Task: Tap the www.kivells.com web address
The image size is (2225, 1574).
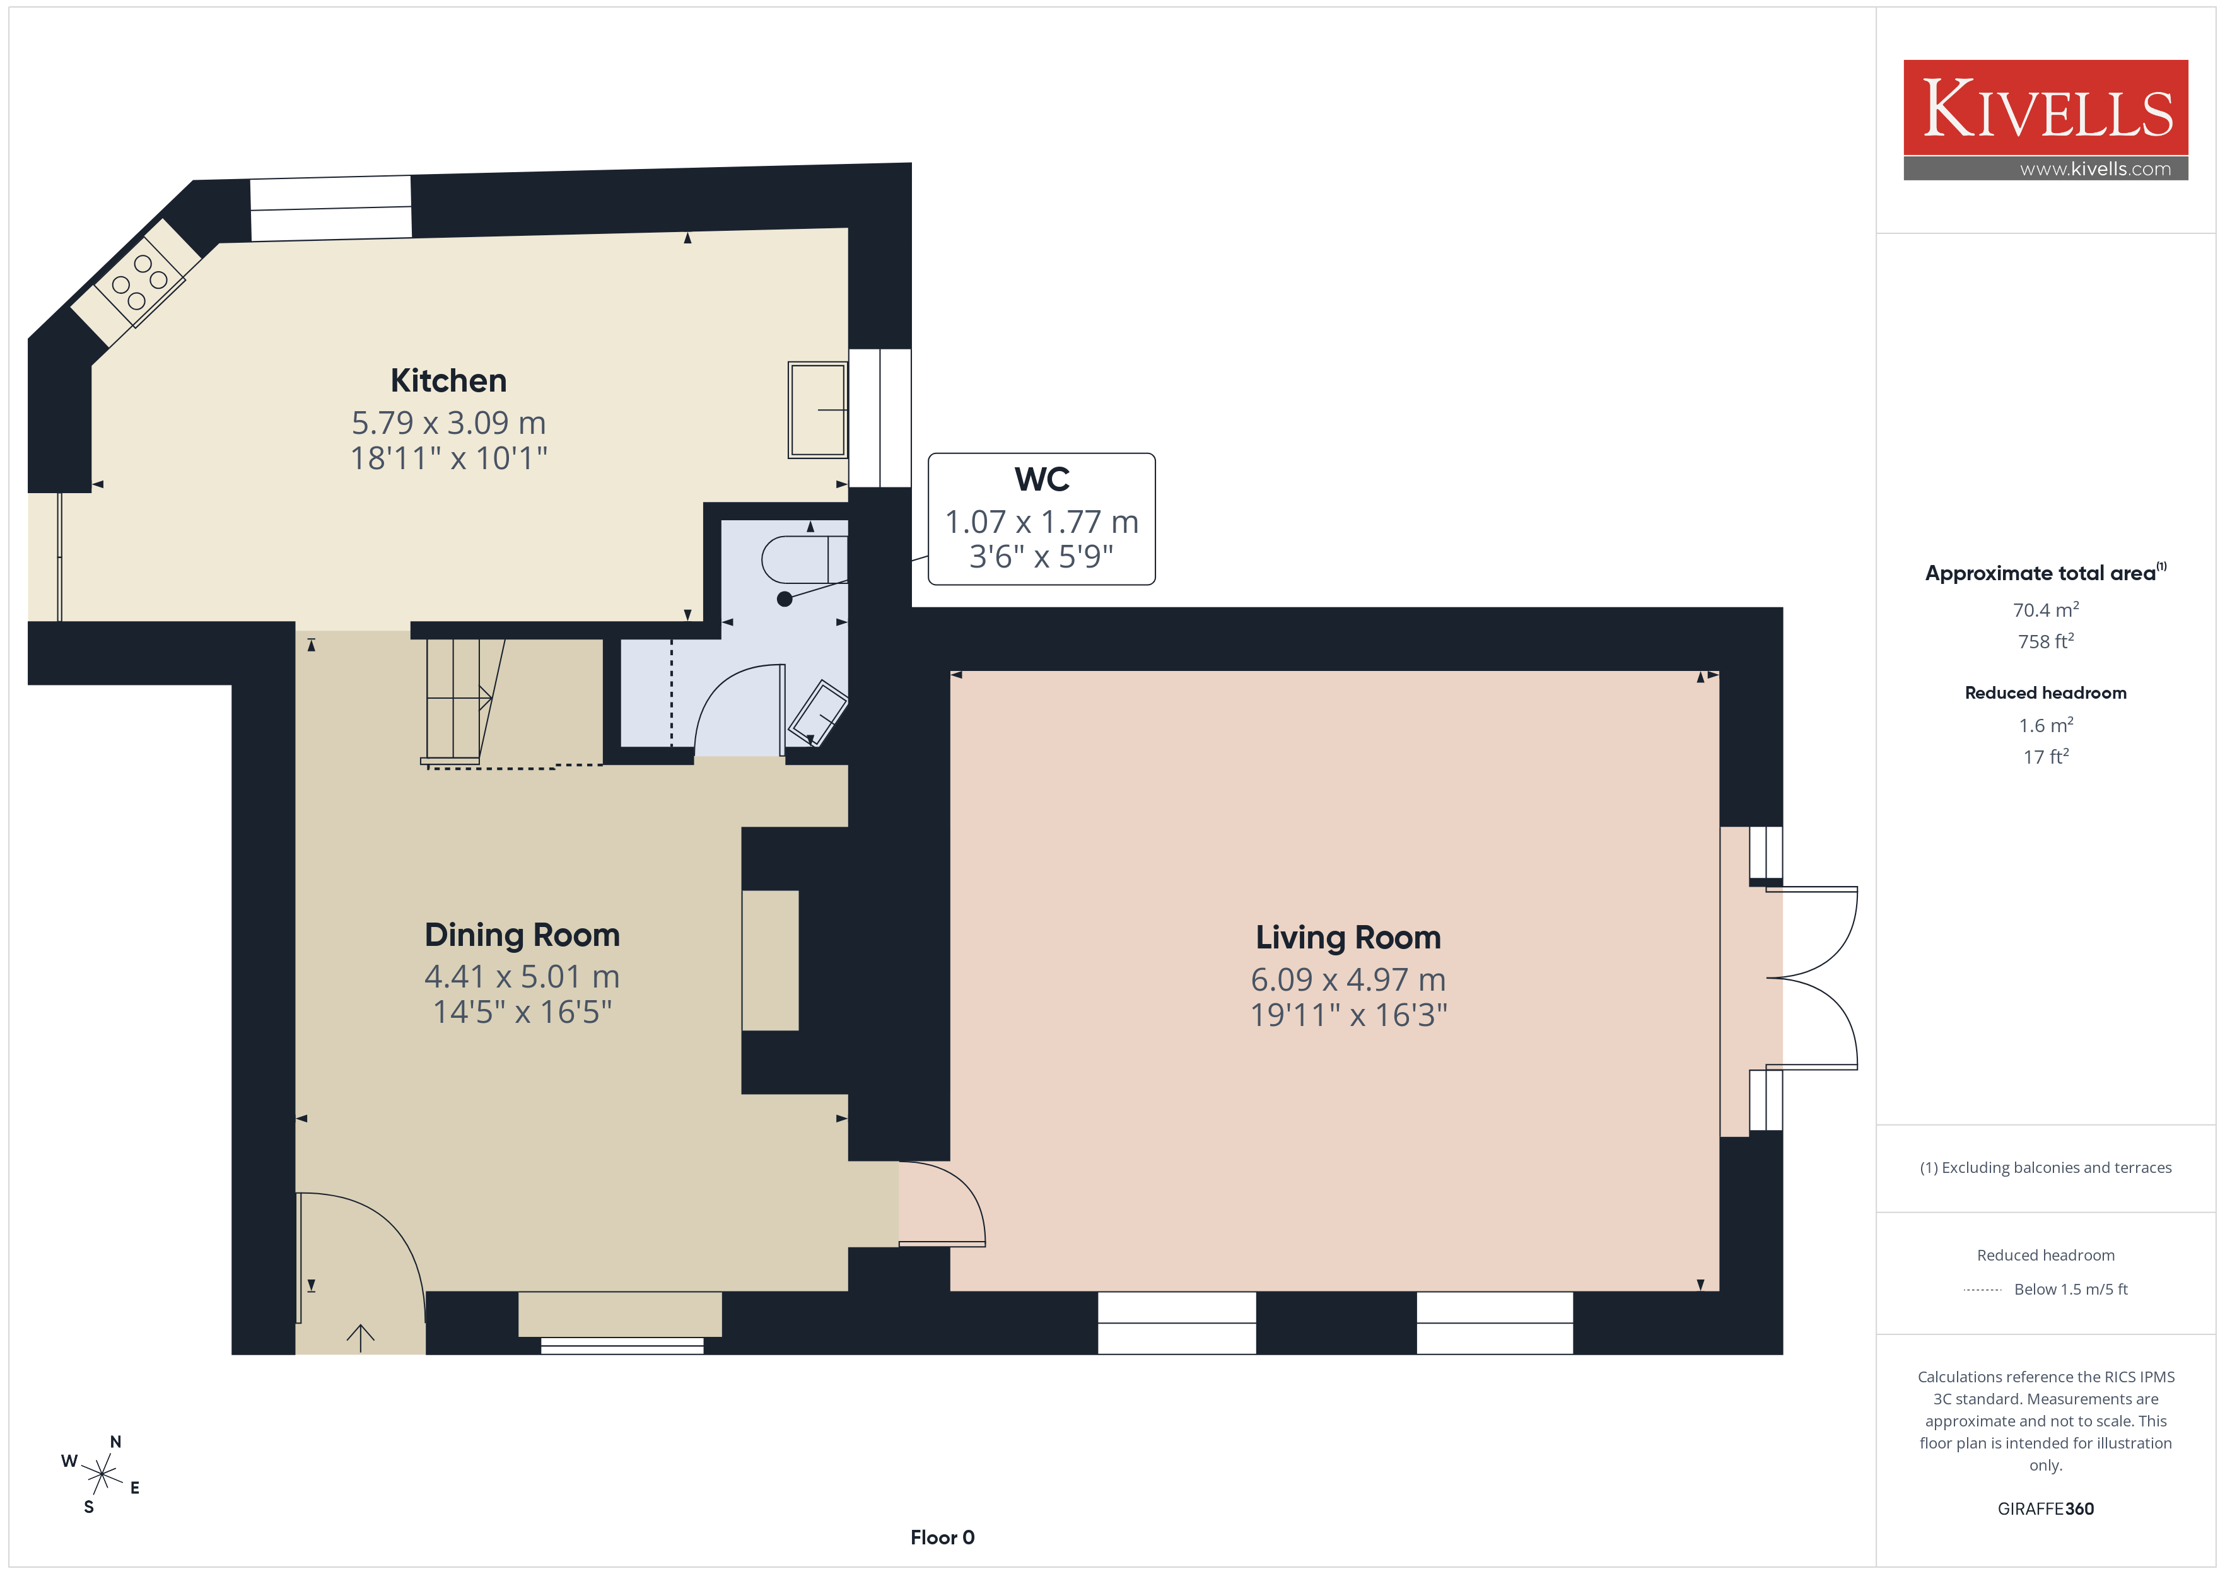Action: pyautogui.click(x=2095, y=168)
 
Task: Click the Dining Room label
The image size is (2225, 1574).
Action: pyautogui.click(x=522, y=935)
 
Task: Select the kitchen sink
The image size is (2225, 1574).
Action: pyautogui.click(x=817, y=410)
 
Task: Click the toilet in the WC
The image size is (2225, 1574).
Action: pyautogui.click(x=804, y=559)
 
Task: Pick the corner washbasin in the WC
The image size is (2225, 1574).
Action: pyautogui.click(x=818, y=713)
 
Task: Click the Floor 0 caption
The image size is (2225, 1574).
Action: pyautogui.click(x=942, y=1537)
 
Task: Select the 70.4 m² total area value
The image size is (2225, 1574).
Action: pyautogui.click(x=2046, y=610)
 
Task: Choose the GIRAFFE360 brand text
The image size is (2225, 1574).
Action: pyautogui.click(x=2046, y=1508)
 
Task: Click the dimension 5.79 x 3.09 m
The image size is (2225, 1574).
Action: pyautogui.click(x=448, y=423)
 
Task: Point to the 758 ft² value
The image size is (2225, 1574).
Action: pyautogui.click(x=2046, y=641)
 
